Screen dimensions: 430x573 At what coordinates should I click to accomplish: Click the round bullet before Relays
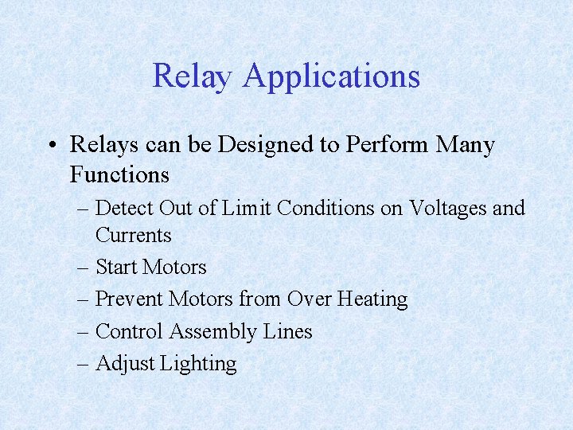pyautogui.click(x=50, y=146)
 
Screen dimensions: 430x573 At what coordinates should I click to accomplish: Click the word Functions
pyautogui.click(x=119, y=174)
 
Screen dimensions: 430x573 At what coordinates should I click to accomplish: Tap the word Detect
pyautogui.click(x=124, y=209)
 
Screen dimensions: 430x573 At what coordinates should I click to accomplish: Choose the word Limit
pyautogui.click(x=248, y=209)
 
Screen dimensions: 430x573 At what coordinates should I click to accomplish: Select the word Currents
pyautogui.click(x=133, y=236)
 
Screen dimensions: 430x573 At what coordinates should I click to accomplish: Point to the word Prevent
pyautogui.click(x=128, y=299)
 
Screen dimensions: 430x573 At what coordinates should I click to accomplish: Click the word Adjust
pyautogui.click(x=125, y=364)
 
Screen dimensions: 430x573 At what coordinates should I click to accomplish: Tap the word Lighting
pyautogui.click(x=198, y=364)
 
